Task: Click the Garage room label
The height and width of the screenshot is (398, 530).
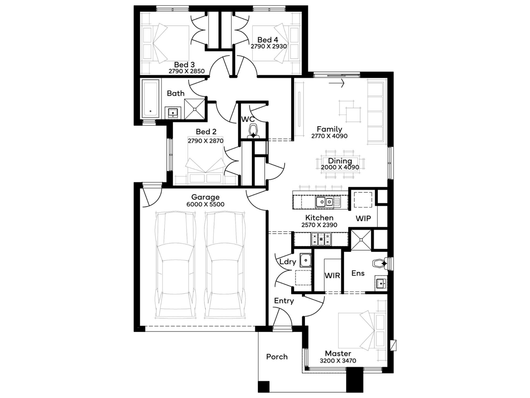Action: pos(205,197)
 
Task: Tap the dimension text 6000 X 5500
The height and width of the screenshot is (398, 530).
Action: pos(205,204)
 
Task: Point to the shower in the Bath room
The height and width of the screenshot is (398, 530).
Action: pos(195,109)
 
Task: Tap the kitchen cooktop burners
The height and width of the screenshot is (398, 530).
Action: pos(321,239)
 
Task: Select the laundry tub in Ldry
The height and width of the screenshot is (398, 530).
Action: pos(306,260)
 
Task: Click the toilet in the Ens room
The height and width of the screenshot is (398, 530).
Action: pos(381,263)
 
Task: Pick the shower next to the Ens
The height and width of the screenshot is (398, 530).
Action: pos(361,240)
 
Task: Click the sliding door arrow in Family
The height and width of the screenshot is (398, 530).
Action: pos(337,83)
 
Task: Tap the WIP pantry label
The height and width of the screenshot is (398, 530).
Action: pos(363,218)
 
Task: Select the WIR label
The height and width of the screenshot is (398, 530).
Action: pos(332,275)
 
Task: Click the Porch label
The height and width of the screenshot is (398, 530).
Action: pos(277,357)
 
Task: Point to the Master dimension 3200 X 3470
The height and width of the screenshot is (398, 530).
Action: pos(338,361)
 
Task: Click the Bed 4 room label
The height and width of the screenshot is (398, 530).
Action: pos(268,40)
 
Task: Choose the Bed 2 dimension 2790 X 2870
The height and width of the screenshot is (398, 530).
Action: pos(206,141)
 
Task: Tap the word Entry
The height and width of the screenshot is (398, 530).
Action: pos(284,301)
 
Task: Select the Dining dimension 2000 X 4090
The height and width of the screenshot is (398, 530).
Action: pos(340,167)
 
